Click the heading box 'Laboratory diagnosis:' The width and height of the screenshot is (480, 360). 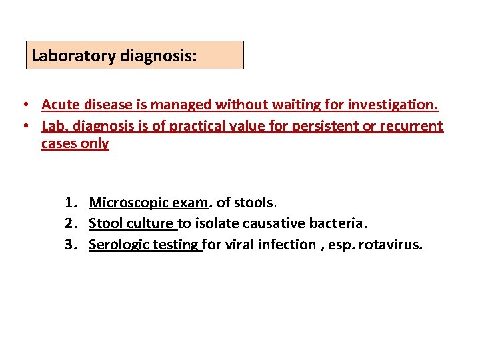coord(134,55)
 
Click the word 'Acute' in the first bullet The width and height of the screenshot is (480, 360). coord(61,105)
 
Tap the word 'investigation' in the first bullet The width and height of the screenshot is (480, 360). coord(393,105)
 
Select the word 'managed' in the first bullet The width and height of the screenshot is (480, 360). coord(176,105)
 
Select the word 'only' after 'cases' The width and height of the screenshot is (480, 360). coord(96,143)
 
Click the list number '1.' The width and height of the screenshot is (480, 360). coord(73,203)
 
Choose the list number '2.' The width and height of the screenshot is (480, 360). coord(73,223)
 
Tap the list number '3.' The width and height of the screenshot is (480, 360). coord(73,245)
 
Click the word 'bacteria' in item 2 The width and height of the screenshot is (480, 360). coord(339,223)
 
